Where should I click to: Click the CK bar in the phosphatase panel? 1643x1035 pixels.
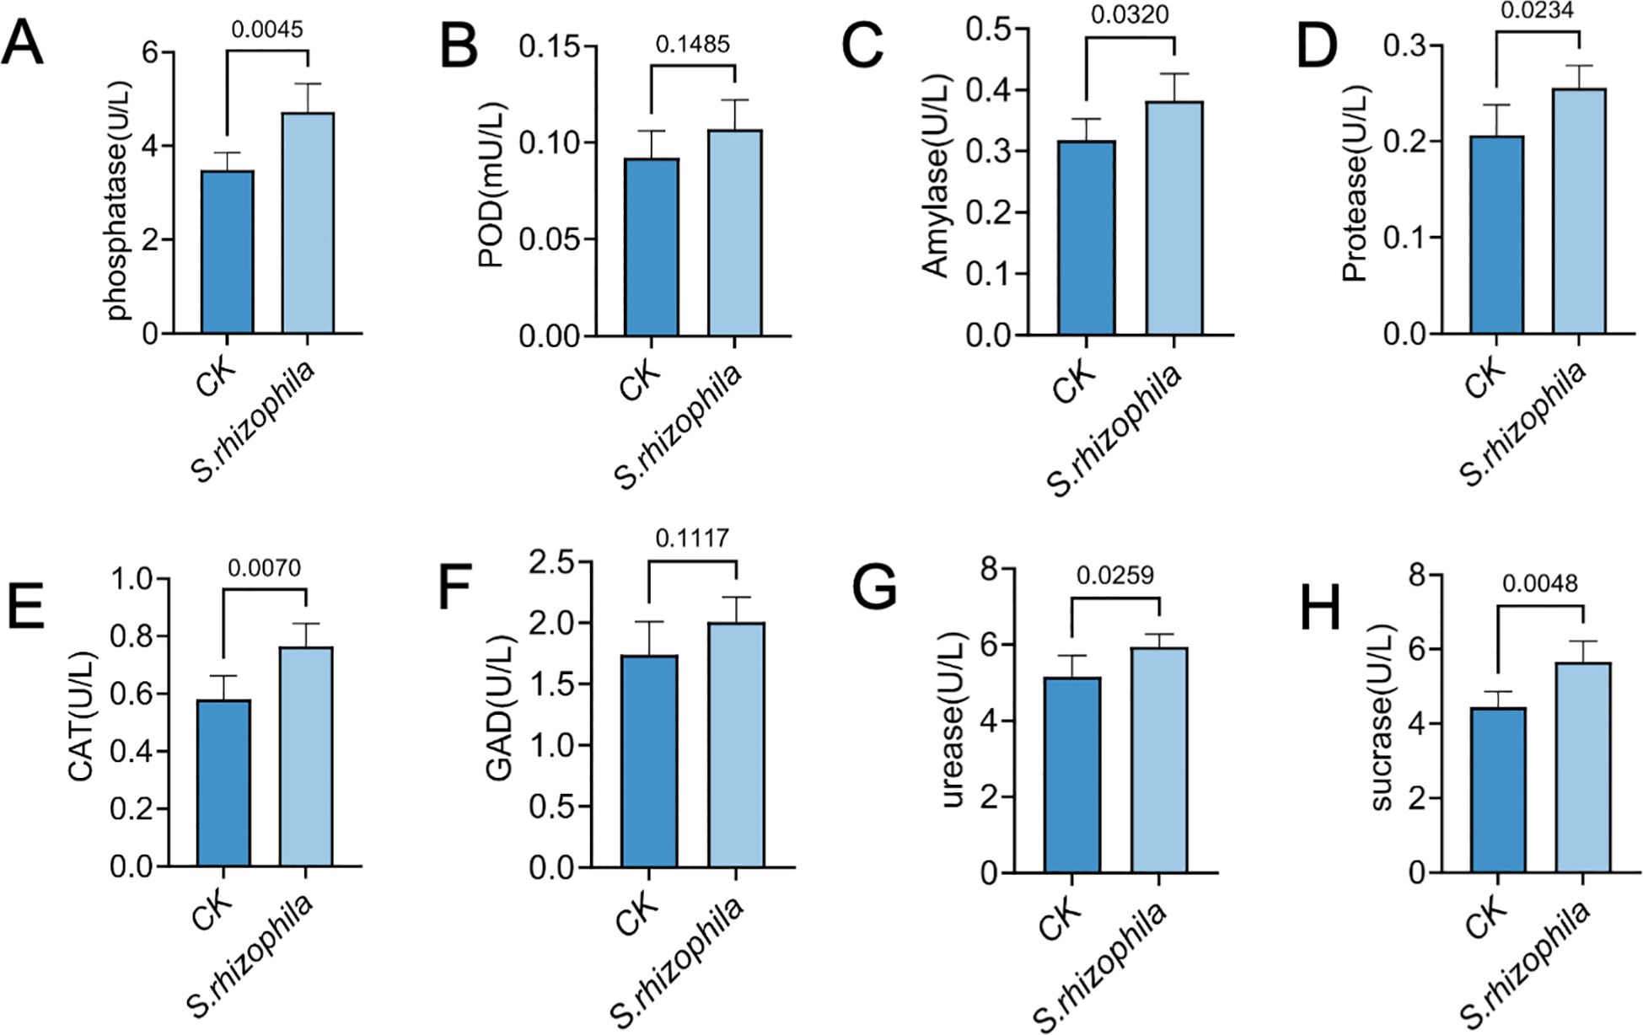pos(227,252)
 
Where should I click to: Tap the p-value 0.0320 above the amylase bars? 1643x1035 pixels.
pos(1130,14)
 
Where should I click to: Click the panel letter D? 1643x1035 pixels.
pos(1317,47)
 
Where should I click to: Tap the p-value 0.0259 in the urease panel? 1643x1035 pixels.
pos(1114,575)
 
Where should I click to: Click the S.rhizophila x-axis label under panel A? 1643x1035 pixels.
pos(253,421)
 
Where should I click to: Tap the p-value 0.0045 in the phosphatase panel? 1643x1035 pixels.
pos(266,29)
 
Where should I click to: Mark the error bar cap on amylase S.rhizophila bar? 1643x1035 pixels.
pos(1173,74)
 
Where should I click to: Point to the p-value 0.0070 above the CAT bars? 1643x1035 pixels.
pos(264,568)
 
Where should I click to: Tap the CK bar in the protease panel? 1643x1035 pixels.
pos(1496,235)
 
